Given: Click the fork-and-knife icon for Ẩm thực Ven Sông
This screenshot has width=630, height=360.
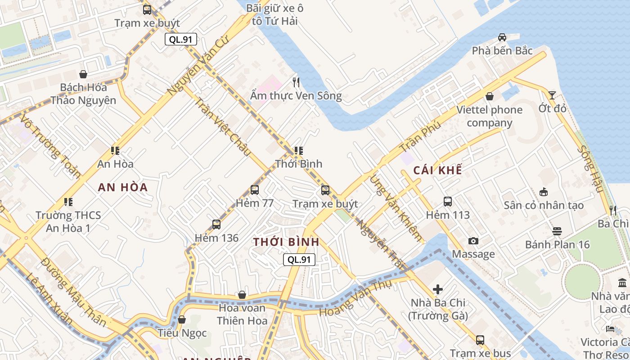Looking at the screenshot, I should [296, 82].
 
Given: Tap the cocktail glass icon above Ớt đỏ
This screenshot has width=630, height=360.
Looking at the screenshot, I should [552, 95].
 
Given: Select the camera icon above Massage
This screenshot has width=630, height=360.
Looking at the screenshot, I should [473, 241].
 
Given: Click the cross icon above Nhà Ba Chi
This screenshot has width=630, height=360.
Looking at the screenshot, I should [437, 289].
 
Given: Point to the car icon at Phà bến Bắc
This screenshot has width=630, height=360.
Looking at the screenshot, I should [502, 37].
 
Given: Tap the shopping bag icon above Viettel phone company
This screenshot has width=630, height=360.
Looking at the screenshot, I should [490, 96].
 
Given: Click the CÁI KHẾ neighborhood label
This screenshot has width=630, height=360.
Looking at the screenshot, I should [437, 170].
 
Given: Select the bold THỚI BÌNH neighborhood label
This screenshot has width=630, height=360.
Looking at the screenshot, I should [286, 242].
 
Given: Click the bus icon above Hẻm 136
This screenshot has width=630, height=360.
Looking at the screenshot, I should [216, 224].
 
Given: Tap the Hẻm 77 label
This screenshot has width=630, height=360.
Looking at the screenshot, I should [255, 203].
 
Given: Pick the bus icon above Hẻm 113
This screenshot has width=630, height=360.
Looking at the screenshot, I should [448, 202].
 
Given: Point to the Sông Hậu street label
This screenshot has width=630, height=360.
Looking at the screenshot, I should [590, 168].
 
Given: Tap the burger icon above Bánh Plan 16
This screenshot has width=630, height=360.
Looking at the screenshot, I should [557, 231].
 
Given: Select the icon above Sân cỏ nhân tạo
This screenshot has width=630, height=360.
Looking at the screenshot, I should [544, 192].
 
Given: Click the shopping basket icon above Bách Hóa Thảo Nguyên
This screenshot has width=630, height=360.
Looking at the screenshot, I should [83, 74].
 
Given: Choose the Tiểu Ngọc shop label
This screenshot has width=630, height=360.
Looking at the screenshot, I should [182, 333].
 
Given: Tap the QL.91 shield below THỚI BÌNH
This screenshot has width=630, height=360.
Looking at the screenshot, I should [299, 259].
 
